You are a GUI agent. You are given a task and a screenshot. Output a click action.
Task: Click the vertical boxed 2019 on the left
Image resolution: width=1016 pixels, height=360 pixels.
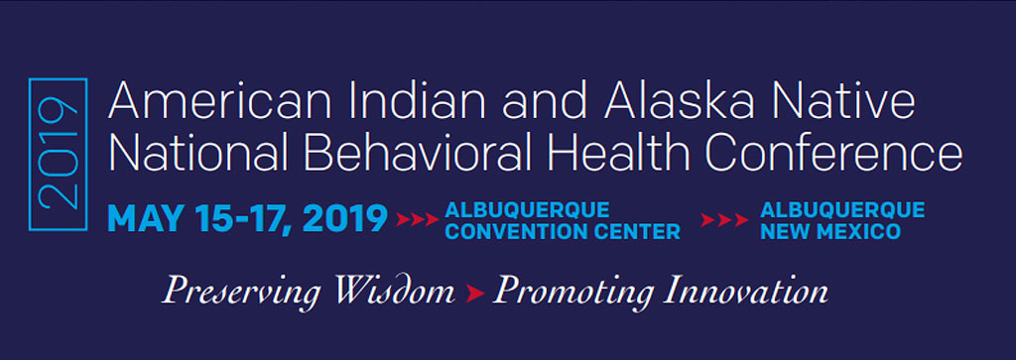click(x=58, y=154)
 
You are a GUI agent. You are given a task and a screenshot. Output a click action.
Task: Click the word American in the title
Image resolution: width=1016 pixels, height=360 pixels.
click(x=219, y=102)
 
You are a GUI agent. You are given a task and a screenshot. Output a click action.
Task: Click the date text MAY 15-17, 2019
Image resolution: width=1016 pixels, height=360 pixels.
click(x=247, y=219)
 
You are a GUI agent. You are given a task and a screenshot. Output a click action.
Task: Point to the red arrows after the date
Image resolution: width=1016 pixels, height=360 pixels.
click(x=418, y=220)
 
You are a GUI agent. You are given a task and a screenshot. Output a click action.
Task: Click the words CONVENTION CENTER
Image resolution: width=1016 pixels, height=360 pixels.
click(x=564, y=231)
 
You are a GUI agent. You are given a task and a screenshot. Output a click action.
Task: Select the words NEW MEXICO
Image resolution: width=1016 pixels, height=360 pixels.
click(x=830, y=231)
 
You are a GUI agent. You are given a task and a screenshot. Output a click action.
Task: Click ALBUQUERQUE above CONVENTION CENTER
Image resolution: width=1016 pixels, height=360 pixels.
click(x=528, y=210)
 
